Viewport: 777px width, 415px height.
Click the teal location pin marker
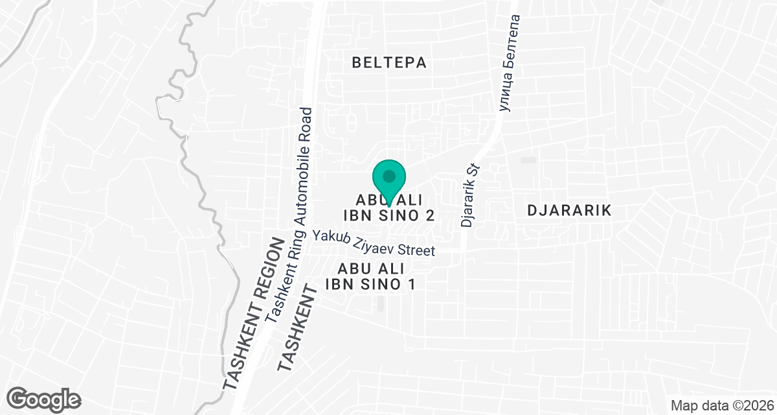pyautogui.click(x=388, y=180)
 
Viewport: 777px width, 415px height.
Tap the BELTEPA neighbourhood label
pyautogui.click(x=389, y=62)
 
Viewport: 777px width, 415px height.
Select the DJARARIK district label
pyautogui.click(x=569, y=211)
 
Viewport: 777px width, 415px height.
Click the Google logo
pyautogui.click(x=44, y=398)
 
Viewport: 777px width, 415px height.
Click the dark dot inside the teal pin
pyautogui.click(x=388, y=176)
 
